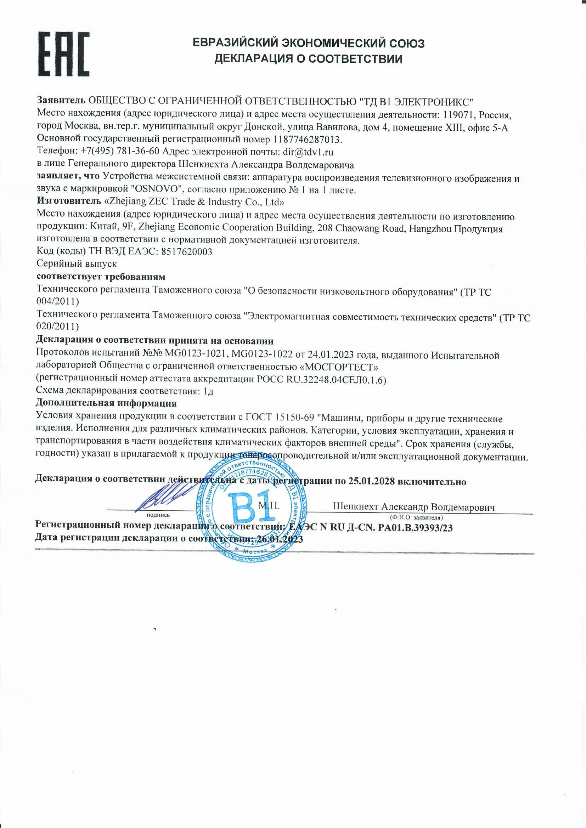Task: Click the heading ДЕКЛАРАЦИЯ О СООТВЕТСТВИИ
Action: tap(308, 59)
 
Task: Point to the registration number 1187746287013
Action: tap(307, 139)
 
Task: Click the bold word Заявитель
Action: tap(61, 100)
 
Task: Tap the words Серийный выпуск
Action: tap(77, 263)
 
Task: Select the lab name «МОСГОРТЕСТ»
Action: tap(339, 368)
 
